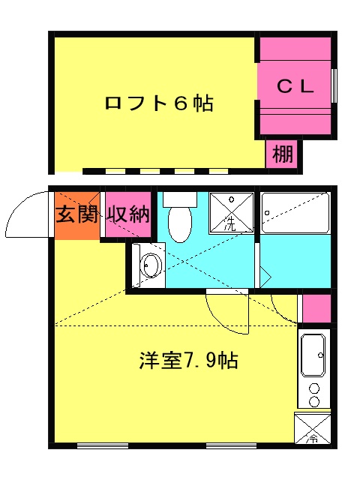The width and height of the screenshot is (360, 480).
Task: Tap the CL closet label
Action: tap(295, 86)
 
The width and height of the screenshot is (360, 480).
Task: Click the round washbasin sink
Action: tap(151, 266)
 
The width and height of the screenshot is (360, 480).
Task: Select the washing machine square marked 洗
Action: tap(229, 211)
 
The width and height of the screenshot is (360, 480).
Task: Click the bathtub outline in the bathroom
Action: tap(295, 214)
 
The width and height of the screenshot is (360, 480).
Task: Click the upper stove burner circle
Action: tap(315, 388)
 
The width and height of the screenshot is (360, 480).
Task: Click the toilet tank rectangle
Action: tap(178, 199)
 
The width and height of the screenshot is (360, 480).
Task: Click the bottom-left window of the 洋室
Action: tap(103, 446)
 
